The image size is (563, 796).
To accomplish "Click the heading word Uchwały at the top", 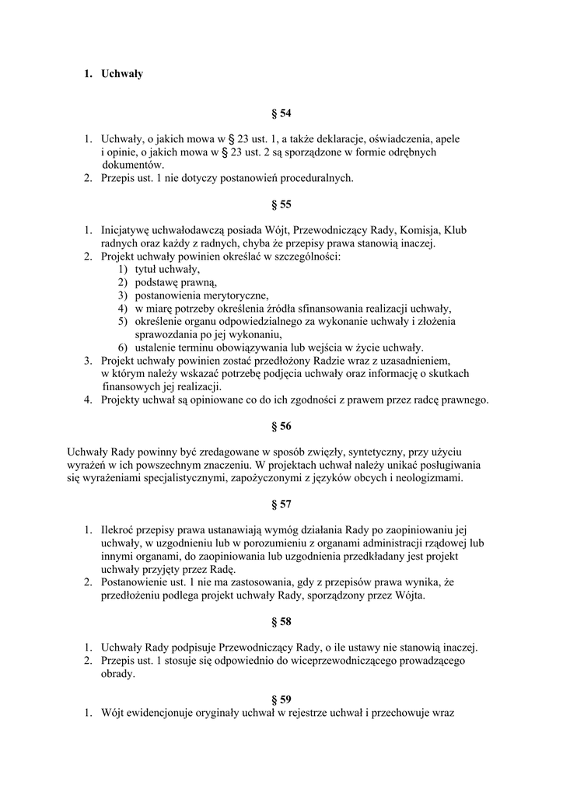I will point(122,74).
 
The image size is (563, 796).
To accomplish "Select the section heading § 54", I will point(281,113).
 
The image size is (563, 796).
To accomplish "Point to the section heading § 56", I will point(281,426).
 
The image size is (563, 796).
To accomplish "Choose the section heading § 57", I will point(281,504).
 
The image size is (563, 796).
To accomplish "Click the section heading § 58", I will point(281,622).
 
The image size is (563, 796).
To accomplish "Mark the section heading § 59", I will point(281,700).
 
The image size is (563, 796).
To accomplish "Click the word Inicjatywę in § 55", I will point(129,230).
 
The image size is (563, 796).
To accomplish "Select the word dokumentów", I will point(133,165).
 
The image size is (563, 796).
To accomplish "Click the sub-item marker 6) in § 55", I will point(123,347).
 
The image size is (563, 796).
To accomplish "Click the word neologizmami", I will point(427,478).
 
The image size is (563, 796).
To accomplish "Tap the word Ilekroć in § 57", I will point(119,531).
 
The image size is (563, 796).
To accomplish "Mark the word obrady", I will point(117,674).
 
